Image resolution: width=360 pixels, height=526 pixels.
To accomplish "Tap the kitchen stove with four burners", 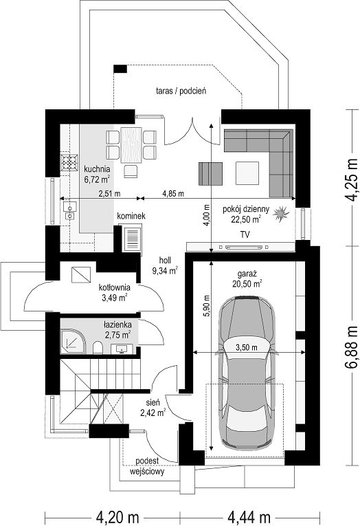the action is tap(69, 162).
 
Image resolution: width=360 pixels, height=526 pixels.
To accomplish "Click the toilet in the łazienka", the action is tap(98, 348).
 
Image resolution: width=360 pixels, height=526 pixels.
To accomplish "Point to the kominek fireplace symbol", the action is tap(133, 239).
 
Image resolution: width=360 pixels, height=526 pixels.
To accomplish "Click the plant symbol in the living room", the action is tap(280, 214).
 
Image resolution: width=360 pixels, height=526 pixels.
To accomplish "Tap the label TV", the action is tap(245, 234).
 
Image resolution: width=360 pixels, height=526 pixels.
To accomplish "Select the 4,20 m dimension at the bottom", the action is tap(117, 516).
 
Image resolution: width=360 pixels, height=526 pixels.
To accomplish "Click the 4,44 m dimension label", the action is tap(249, 516).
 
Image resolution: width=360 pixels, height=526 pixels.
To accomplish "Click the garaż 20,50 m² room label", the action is tap(247, 279).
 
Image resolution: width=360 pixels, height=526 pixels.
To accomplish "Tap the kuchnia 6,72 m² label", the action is tap(97, 174).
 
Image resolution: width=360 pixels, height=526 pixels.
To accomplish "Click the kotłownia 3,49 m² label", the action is tap(114, 292).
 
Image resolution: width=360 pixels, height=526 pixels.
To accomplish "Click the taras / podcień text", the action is tap(181, 91).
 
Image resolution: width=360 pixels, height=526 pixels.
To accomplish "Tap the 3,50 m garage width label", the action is tap(247, 347).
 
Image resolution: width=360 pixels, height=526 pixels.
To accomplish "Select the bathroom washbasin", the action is tap(122, 349).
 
